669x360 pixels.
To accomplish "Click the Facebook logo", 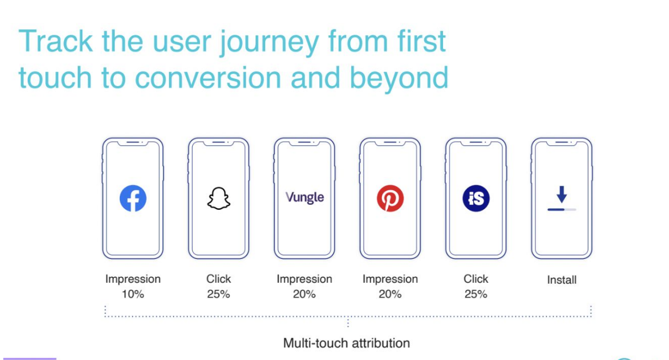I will [133, 199].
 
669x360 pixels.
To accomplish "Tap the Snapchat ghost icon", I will [218, 199].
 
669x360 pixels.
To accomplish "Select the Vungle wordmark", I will [304, 198].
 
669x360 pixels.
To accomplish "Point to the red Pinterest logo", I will [390, 199].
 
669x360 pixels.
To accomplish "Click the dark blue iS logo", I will [476, 199].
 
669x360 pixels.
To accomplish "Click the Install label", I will [561, 280].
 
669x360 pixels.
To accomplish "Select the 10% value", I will [133, 294].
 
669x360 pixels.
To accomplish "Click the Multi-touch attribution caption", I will [346, 343].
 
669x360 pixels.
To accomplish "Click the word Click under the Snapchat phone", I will [218, 279].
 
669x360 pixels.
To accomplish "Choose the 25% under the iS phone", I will [476, 294].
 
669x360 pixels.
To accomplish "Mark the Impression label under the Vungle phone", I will [304, 279].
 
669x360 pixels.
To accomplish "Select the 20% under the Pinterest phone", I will [390, 294].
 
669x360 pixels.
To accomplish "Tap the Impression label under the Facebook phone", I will [133, 279].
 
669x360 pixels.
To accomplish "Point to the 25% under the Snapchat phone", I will [218, 294].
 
